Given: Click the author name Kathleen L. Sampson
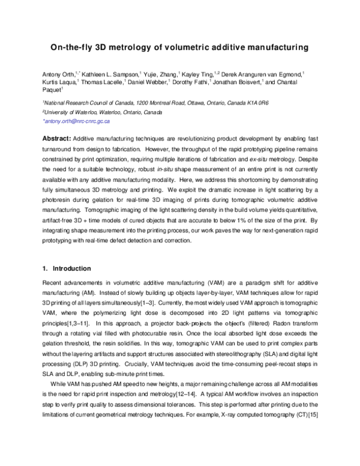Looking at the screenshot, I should tap(104, 72).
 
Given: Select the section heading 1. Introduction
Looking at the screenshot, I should tap(69, 268).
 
